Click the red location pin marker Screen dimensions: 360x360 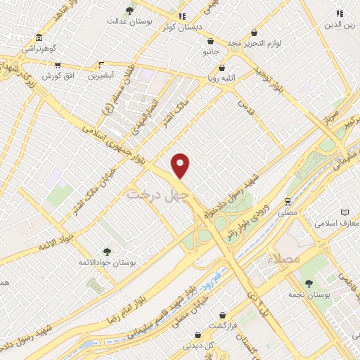click(x=181, y=165)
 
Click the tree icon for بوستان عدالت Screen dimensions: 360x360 click(x=129, y=11)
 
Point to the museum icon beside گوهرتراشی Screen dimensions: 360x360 click(x=37, y=37)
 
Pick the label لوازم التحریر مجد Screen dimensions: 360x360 click(x=254, y=44)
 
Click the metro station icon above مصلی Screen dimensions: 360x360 click(x=288, y=200)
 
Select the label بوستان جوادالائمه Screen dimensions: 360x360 click(x=106, y=262)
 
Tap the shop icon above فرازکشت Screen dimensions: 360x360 click(x=222, y=315)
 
